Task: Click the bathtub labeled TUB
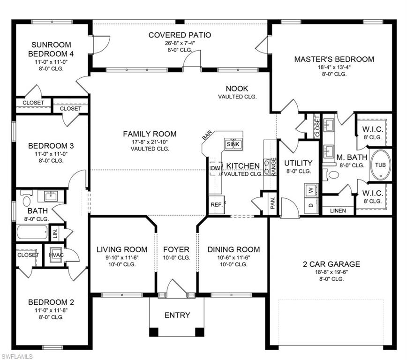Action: click(380, 165)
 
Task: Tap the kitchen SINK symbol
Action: click(233, 144)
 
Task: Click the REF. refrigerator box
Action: click(216, 204)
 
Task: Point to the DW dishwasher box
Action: click(216, 168)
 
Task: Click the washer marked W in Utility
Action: click(310, 190)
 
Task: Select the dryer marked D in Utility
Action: click(310, 205)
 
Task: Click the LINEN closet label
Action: click(338, 210)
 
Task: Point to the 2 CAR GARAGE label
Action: click(331, 264)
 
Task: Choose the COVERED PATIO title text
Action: click(180, 35)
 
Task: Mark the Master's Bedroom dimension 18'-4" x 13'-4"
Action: click(334, 67)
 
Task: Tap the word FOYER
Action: click(176, 249)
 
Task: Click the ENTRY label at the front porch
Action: click(177, 315)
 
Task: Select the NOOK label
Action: click(237, 89)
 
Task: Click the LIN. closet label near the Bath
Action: click(54, 232)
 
